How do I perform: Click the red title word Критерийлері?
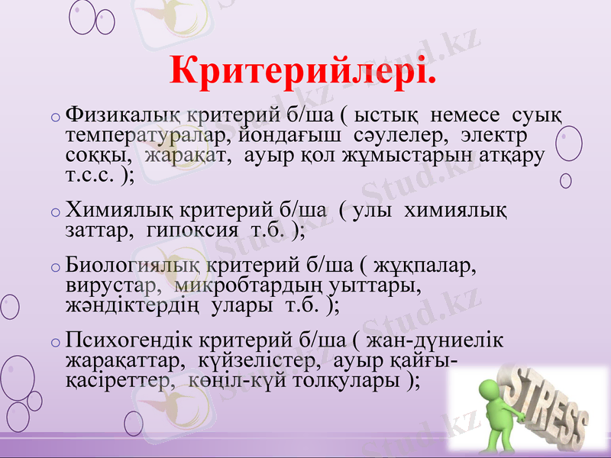[x=305, y=70]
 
